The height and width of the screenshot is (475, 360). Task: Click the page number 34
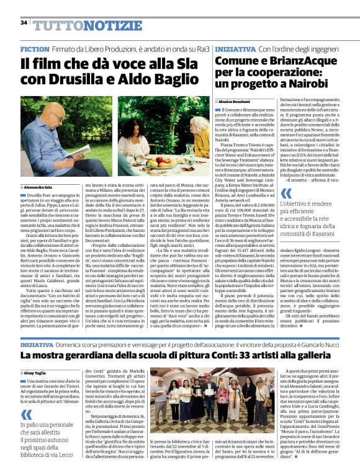coord(24,23)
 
